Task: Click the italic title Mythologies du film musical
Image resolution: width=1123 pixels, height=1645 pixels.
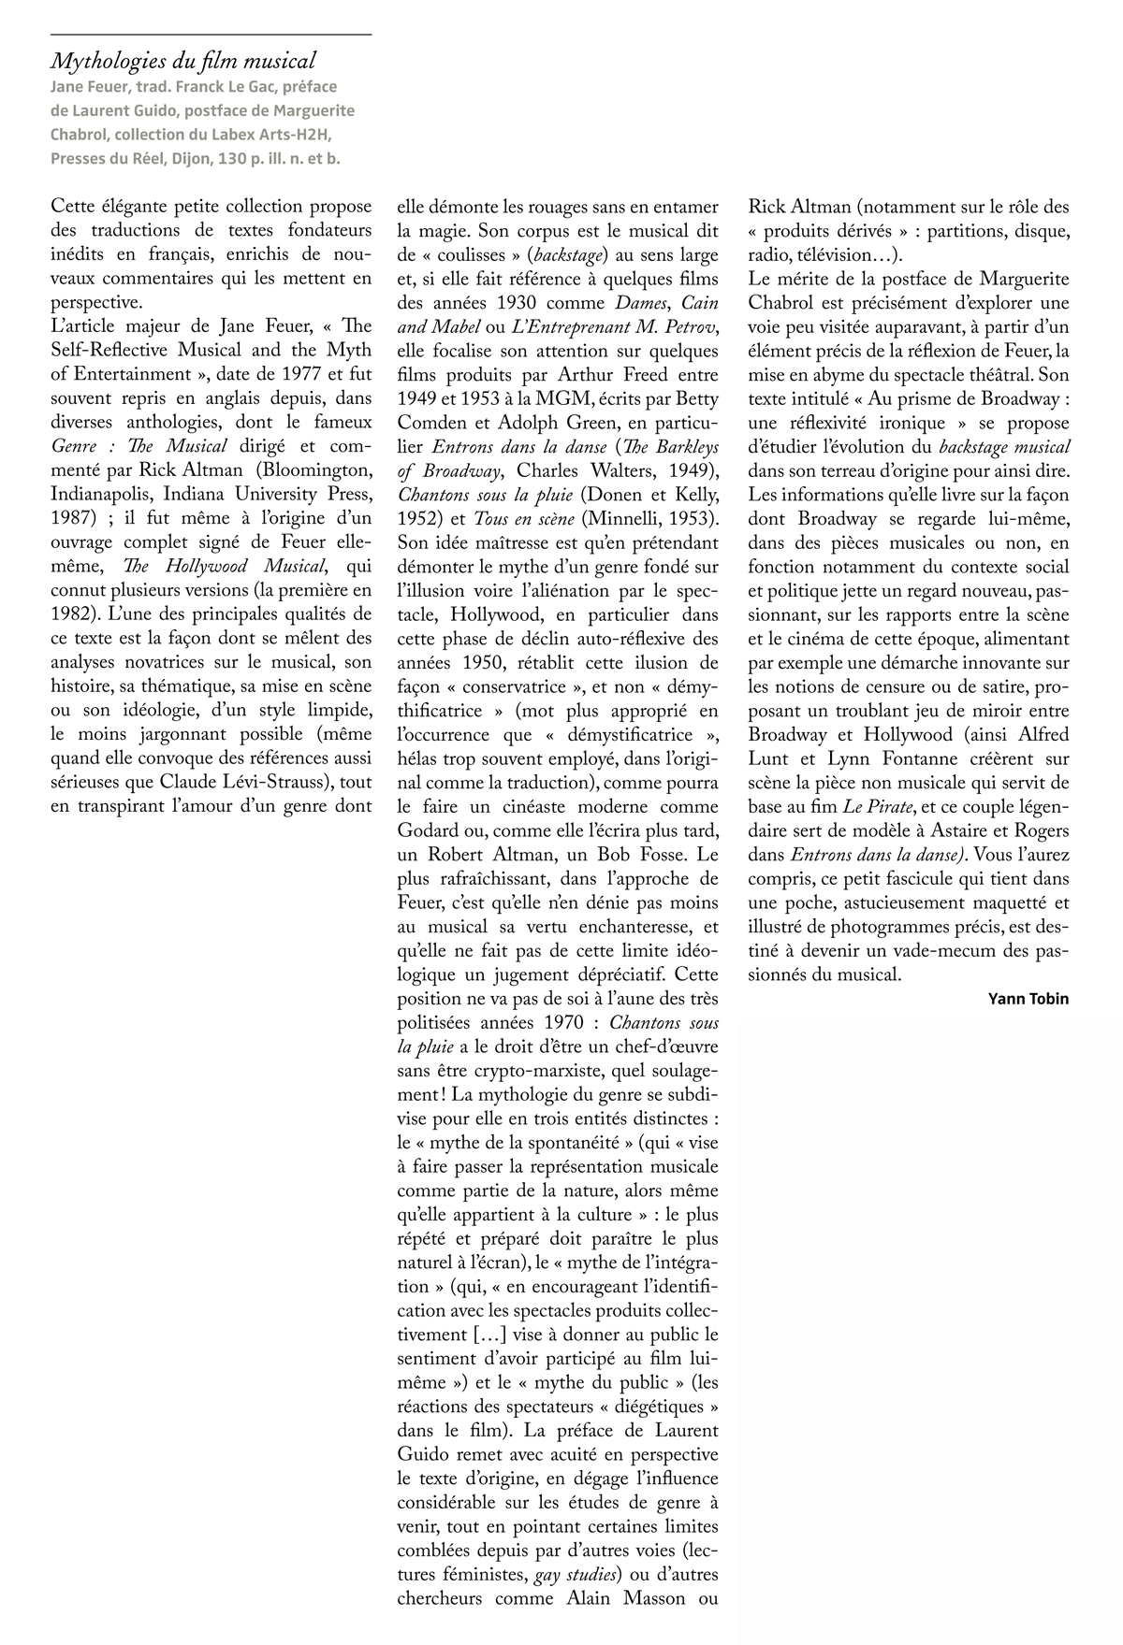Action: tap(182, 62)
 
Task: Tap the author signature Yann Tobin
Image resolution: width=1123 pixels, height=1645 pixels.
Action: tap(1028, 999)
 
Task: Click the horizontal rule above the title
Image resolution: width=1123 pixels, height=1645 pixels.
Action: tap(211, 35)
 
